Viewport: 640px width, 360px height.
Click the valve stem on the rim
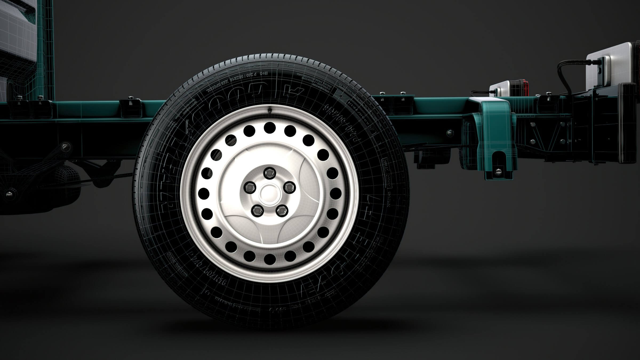pos(270,110)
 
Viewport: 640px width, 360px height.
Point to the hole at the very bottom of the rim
pos(270,259)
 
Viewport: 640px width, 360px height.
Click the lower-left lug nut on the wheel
pos(257,211)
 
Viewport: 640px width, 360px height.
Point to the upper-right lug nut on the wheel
pos(289,187)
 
